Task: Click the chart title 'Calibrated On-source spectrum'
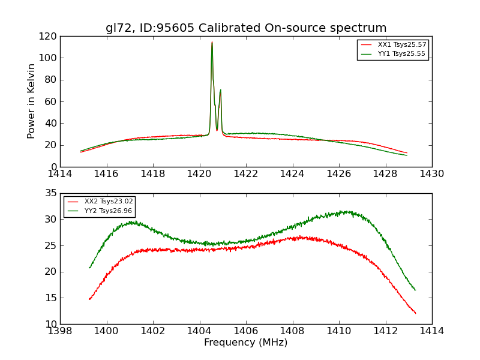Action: coord(246,28)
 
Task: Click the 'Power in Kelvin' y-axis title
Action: coord(32,101)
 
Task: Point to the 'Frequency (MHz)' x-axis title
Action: coord(246,343)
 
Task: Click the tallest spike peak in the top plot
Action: coord(212,42)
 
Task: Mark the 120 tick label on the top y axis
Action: coord(49,36)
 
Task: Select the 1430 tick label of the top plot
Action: coord(432,174)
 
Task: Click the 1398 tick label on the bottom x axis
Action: coord(60,331)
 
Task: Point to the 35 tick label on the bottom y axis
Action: coord(50,193)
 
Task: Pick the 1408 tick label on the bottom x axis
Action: coord(292,331)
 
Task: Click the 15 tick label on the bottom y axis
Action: coord(50,298)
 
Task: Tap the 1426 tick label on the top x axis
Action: coord(339,174)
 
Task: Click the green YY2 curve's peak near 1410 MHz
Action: coord(342,211)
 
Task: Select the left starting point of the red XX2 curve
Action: coord(89,299)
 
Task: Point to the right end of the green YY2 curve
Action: coord(415,290)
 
